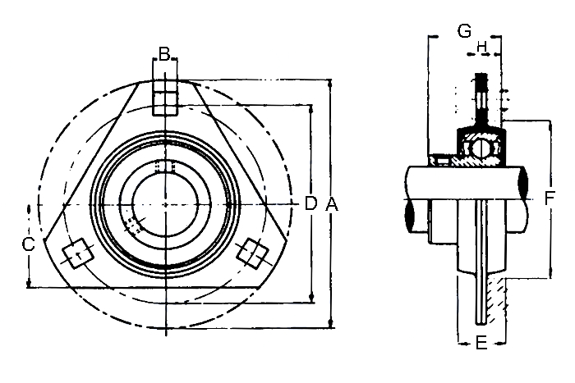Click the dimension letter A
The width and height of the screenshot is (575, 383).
[x=332, y=203]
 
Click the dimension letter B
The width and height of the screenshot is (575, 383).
[x=164, y=54]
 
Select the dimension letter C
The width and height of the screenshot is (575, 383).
[x=28, y=244]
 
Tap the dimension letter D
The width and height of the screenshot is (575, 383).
[x=310, y=203]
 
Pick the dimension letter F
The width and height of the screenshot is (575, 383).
[x=550, y=198]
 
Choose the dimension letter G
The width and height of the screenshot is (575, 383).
[x=465, y=31]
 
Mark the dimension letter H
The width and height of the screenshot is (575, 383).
[x=481, y=47]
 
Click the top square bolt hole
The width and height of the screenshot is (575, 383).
[x=165, y=98]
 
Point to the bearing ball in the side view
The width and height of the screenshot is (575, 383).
[x=481, y=148]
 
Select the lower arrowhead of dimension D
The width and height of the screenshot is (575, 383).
[x=311, y=298]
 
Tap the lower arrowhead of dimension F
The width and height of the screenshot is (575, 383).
[x=550, y=274]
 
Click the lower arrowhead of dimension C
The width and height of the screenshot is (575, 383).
[x=29, y=284]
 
